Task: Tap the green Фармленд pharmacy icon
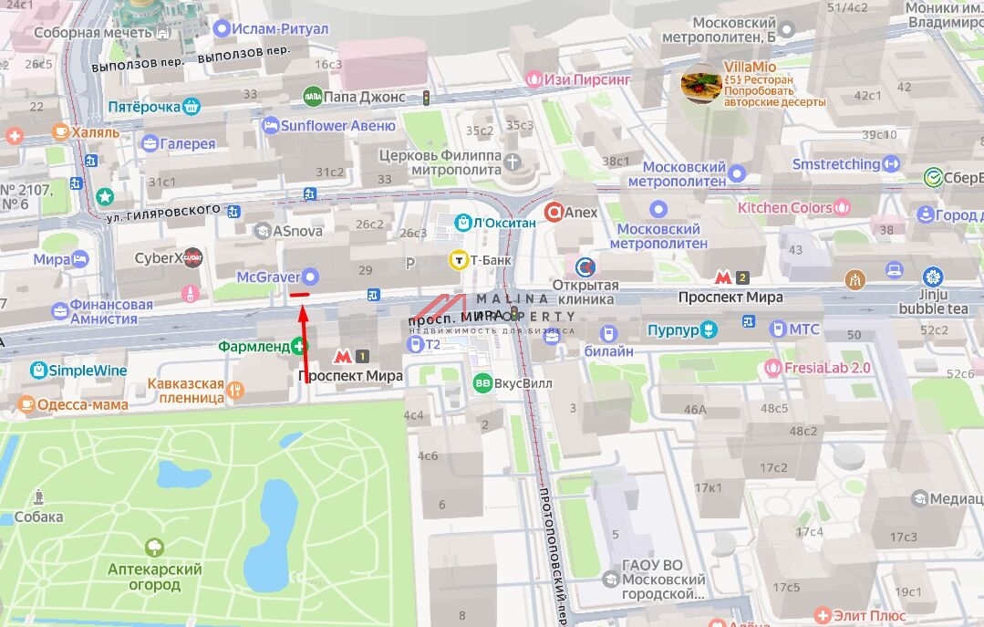pyautogui.click(x=297, y=346)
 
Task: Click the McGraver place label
pyautogui.click(x=269, y=276)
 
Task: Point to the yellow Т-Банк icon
pyautogui.click(x=458, y=260)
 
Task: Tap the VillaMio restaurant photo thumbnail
pyautogui.click(x=700, y=87)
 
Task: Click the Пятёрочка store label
pyautogui.click(x=144, y=107)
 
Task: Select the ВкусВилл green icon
pyautogui.click(x=482, y=383)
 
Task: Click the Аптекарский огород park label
pyautogui.click(x=155, y=577)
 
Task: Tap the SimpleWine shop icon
pyautogui.click(x=38, y=370)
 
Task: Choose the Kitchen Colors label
pyautogui.click(x=785, y=207)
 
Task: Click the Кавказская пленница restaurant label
pyautogui.click(x=186, y=391)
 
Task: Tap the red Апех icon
pyautogui.click(x=553, y=213)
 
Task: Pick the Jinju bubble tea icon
pyautogui.click(x=932, y=277)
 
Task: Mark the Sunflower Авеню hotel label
pyautogui.click(x=337, y=126)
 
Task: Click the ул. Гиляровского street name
pyautogui.click(x=162, y=213)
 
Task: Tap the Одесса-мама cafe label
pyautogui.click(x=88, y=403)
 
